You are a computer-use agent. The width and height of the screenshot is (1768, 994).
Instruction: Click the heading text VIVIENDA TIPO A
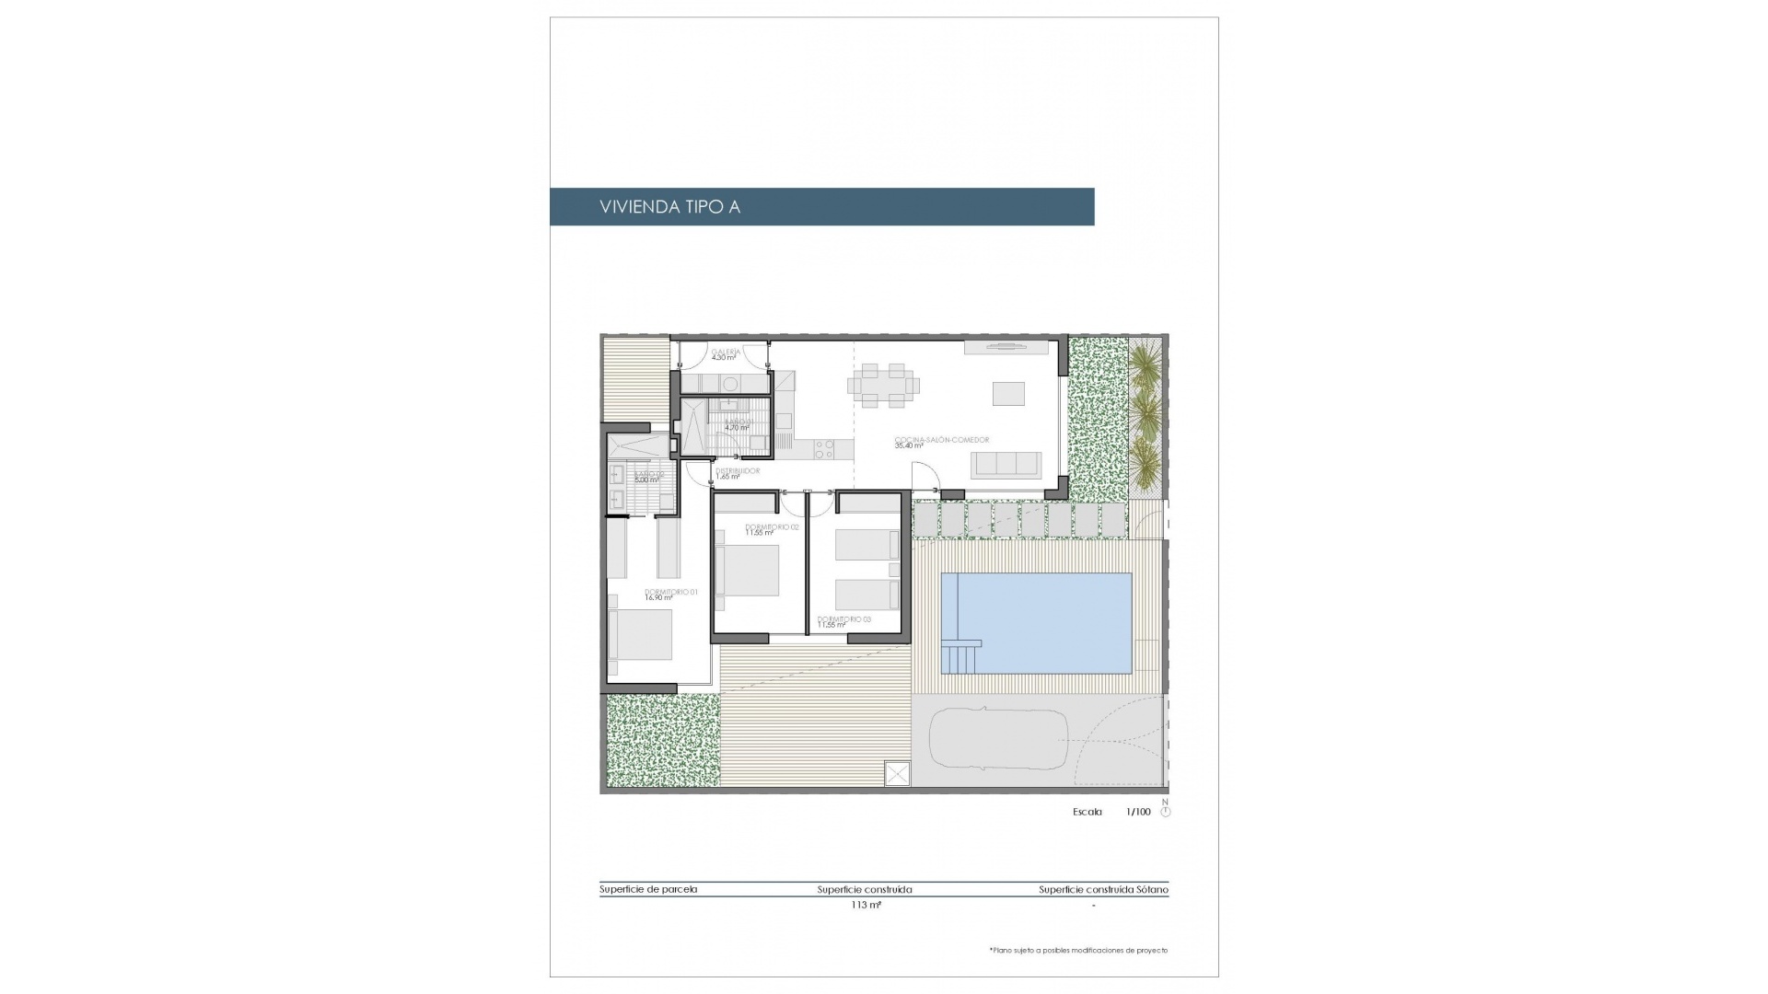(x=669, y=207)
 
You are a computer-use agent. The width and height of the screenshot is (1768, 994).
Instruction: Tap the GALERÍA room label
(x=726, y=352)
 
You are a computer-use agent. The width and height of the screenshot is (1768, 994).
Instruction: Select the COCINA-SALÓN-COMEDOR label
(x=941, y=440)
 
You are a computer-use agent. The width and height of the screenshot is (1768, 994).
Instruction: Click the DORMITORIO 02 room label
(x=772, y=527)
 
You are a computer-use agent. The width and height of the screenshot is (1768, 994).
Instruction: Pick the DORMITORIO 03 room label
(x=843, y=619)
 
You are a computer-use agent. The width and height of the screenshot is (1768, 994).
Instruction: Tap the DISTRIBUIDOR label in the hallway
(x=738, y=471)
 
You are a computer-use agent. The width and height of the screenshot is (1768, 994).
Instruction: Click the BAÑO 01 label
(x=738, y=422)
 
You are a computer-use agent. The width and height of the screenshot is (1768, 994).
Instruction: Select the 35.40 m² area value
(x=909, y=446)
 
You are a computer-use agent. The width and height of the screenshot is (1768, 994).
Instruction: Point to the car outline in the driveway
(x=998, y=737)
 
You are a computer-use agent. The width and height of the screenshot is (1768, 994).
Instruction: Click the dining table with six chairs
(x=883, y=386)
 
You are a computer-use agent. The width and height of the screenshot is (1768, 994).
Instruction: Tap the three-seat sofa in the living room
(x=1007, y=465)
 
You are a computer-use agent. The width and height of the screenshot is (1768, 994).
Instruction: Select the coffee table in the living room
(x=1008, y=393)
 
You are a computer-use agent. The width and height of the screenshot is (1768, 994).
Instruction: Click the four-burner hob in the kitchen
(x=824, y=449)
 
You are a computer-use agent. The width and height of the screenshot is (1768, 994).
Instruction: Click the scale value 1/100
(x=1138, y=812)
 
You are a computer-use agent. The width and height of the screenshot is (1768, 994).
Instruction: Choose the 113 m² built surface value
(x=866, y=905)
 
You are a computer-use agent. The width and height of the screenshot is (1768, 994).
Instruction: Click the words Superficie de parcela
(x=648, y=889)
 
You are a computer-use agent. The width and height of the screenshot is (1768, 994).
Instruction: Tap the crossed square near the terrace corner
(x=897, y=773)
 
